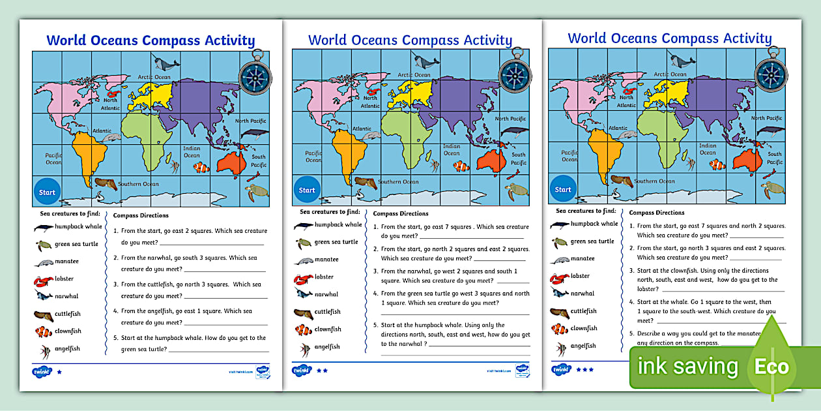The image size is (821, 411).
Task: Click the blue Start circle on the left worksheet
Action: [x=47, y=192]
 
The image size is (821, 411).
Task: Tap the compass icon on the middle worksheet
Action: [x=515, y=74]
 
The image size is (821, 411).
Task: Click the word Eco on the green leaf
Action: [x=771, y=367]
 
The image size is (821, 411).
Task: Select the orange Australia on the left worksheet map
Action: [x=231, y=162]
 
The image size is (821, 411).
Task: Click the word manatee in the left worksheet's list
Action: [x=66, y=262]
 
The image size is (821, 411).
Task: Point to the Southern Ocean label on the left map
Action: [x=138, y=184]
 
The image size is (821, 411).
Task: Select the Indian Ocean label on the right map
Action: [x=708, y=149]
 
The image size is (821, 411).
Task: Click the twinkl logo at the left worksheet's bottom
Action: [x=41, y=372]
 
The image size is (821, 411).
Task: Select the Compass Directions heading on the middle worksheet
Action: [x=401, y=213]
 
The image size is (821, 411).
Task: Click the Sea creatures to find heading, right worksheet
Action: [x=586, y=211]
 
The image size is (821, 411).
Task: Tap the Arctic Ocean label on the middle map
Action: [x=414, y=75]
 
